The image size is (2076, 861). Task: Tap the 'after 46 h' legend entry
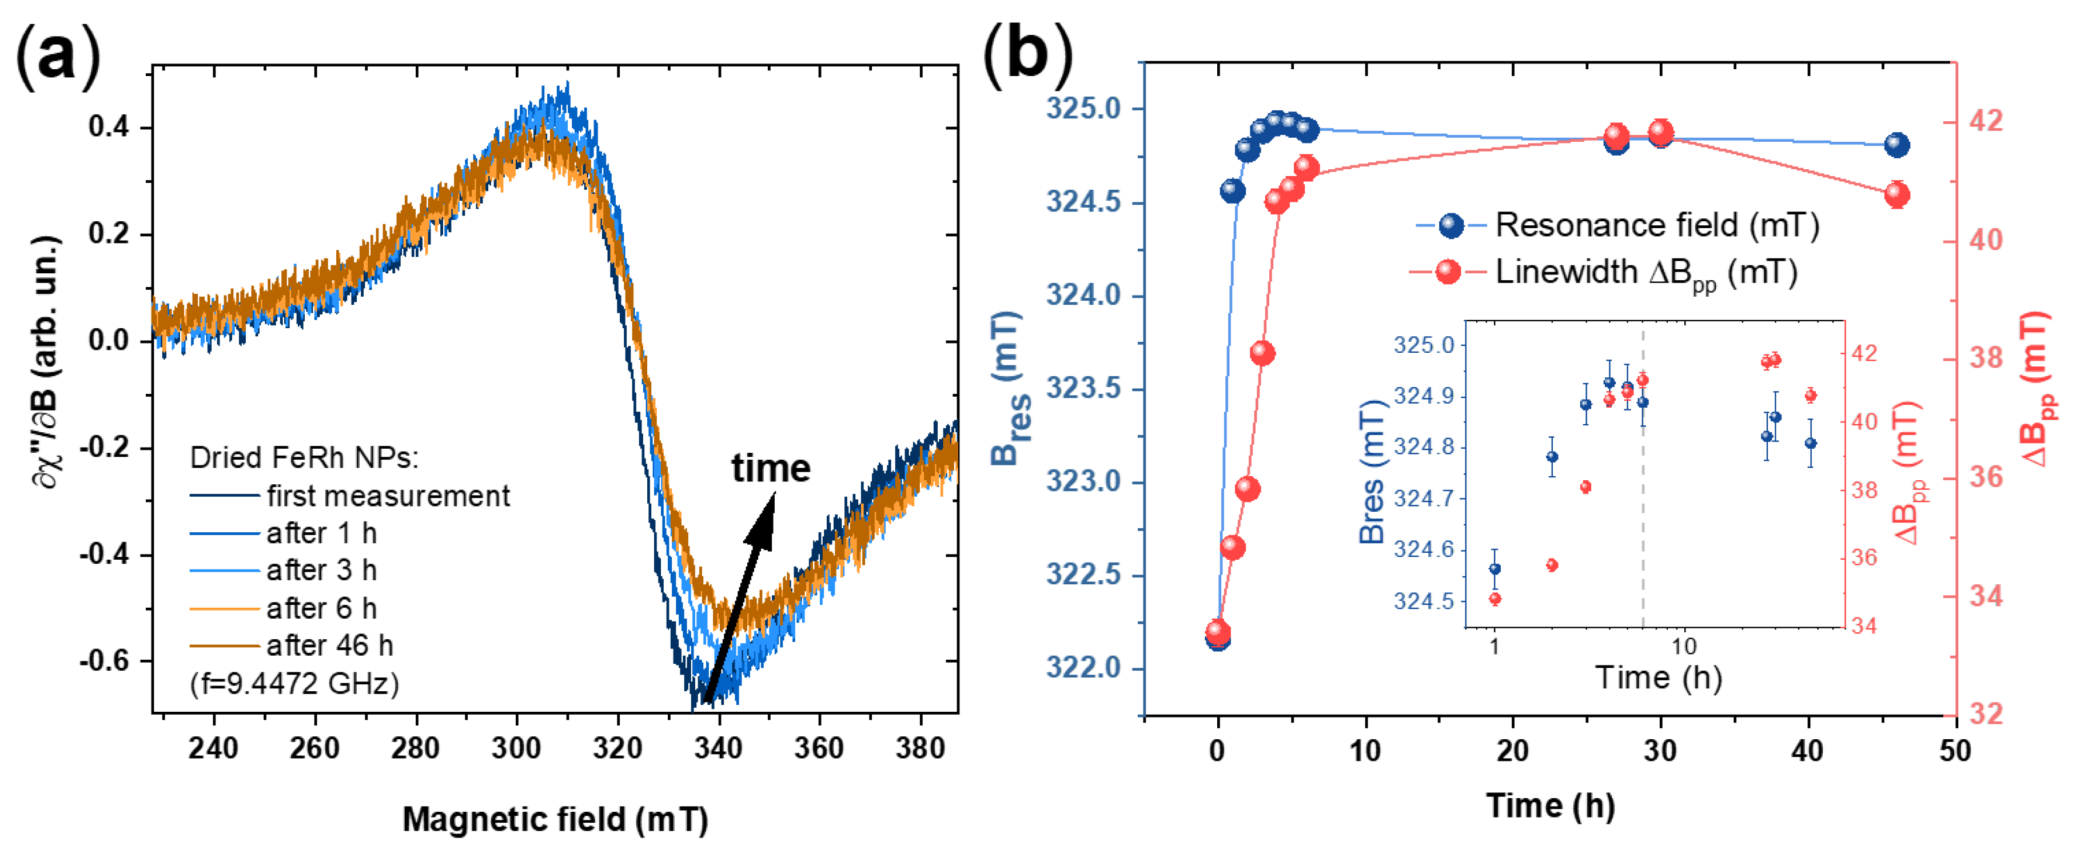329,646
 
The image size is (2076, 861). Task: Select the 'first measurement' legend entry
388,496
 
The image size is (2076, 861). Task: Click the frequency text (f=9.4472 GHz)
294,684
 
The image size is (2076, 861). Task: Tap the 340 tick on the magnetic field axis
718,748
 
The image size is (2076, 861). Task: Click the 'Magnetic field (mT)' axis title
555,820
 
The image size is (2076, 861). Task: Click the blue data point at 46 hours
1897,145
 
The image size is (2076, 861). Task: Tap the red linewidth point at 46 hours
1897,194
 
